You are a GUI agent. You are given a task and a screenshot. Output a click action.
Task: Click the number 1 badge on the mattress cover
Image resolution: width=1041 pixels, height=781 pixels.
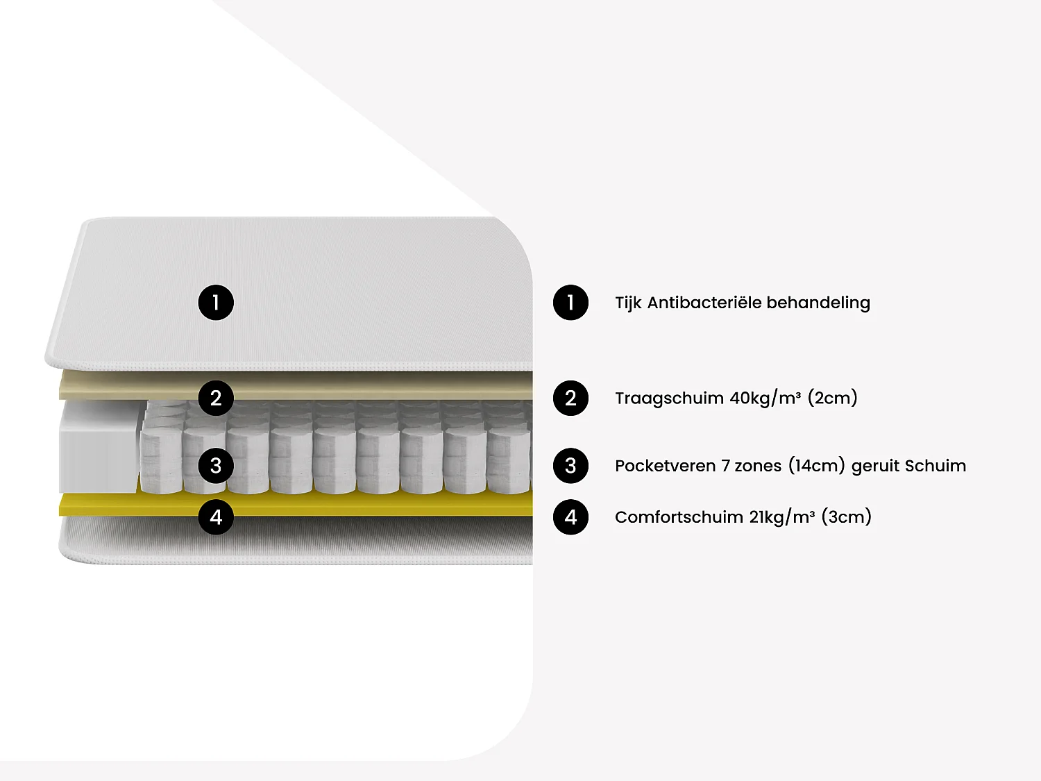point(216,303)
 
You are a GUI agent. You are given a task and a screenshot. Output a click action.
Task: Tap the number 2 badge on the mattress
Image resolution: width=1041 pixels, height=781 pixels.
point(216,398)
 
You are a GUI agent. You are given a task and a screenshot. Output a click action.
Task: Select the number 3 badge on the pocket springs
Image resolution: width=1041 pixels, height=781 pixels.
point(216,466)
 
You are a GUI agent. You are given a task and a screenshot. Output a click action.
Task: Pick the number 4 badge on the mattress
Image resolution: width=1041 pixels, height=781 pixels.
point(216,517)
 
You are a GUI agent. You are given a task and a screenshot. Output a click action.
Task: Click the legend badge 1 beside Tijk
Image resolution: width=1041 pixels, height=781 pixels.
point(570,303)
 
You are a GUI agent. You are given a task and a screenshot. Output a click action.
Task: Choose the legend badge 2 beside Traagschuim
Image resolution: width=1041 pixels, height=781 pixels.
point(570,398)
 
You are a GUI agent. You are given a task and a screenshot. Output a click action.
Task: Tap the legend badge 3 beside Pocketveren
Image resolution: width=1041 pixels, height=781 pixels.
point(570,466)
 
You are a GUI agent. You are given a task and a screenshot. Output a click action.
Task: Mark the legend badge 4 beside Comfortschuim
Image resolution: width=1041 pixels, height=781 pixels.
point(570,517)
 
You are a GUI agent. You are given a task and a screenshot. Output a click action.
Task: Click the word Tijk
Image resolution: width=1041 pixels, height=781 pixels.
point(628,303)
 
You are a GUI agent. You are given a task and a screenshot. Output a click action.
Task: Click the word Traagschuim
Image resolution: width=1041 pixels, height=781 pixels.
point(669,398)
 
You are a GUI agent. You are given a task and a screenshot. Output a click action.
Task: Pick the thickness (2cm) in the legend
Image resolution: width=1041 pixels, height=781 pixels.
point(832,398)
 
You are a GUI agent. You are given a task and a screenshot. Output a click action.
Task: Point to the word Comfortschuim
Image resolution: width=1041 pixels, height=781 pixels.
point(679,517)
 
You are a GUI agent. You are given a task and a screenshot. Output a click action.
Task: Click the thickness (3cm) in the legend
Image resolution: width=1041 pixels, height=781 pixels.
point(846,517)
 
